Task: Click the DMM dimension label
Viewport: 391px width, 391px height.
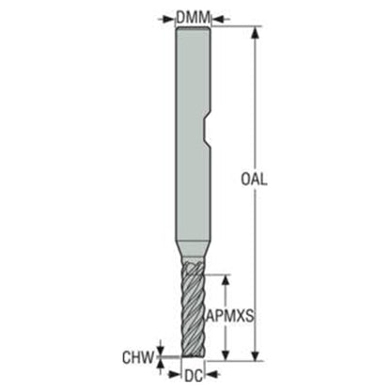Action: (x=193, y=18)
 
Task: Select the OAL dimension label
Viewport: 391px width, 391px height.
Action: (x=254, y=180)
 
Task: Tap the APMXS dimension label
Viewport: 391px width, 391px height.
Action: (x=230, y=317)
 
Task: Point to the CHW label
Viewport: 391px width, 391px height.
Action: (x=139, y=357)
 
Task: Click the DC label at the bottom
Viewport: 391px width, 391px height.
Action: (x=194, y=376)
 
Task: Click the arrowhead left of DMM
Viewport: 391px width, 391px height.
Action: (x=168, y=19)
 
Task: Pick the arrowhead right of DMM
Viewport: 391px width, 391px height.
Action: (x=218, y=19)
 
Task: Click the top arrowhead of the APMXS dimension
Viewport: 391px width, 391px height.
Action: (x=225, y=282)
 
